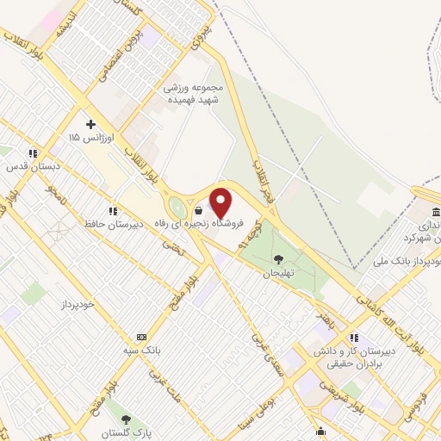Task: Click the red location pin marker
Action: coord(222,202)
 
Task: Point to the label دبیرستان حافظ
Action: coord(110,226)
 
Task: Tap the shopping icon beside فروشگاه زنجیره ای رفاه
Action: coord(200,210)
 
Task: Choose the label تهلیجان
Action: coord(278,273)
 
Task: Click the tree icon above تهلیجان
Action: coord(277,259)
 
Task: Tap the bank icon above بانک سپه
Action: coord(141,337)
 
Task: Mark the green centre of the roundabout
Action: coord(178,208)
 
